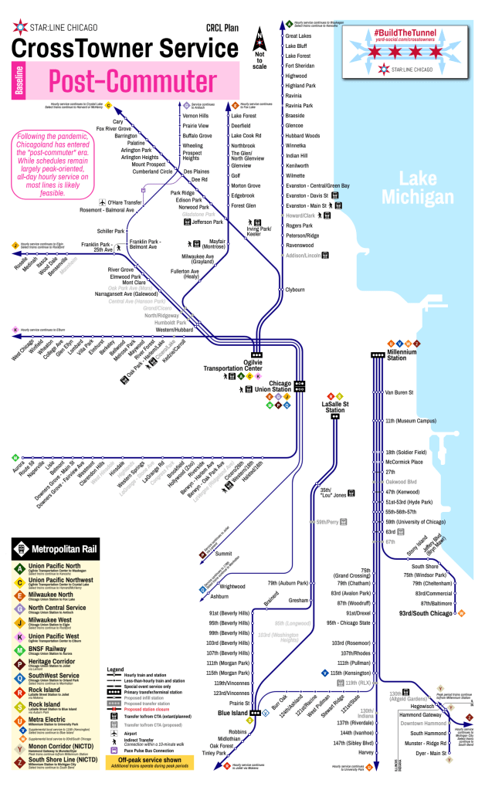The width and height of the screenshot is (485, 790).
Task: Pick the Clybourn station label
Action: click(295, 290)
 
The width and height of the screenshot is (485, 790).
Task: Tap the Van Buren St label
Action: click(399, 392)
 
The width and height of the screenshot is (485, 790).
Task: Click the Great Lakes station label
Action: click(298, 36)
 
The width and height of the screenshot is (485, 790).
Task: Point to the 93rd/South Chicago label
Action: click(426, 613)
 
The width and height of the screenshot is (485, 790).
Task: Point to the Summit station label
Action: click(223, 554)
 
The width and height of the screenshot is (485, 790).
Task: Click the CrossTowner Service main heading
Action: click(115, 48)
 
